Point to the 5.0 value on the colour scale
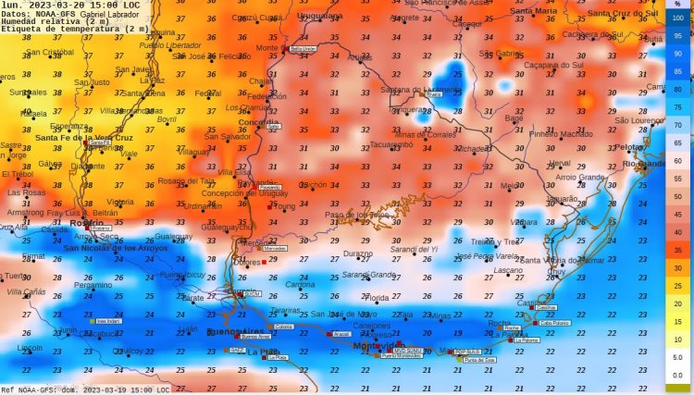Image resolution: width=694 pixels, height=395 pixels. [x=678, y=356]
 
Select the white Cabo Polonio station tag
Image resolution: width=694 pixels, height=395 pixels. [x=555, y=323]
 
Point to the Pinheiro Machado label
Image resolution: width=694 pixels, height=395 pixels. [x=560, y=133]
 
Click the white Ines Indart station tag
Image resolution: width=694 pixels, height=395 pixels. [x=109, y=321]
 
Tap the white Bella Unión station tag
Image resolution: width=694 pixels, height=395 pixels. [x=304, y=48]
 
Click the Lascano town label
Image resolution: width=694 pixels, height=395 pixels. [x=508, y=270]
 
